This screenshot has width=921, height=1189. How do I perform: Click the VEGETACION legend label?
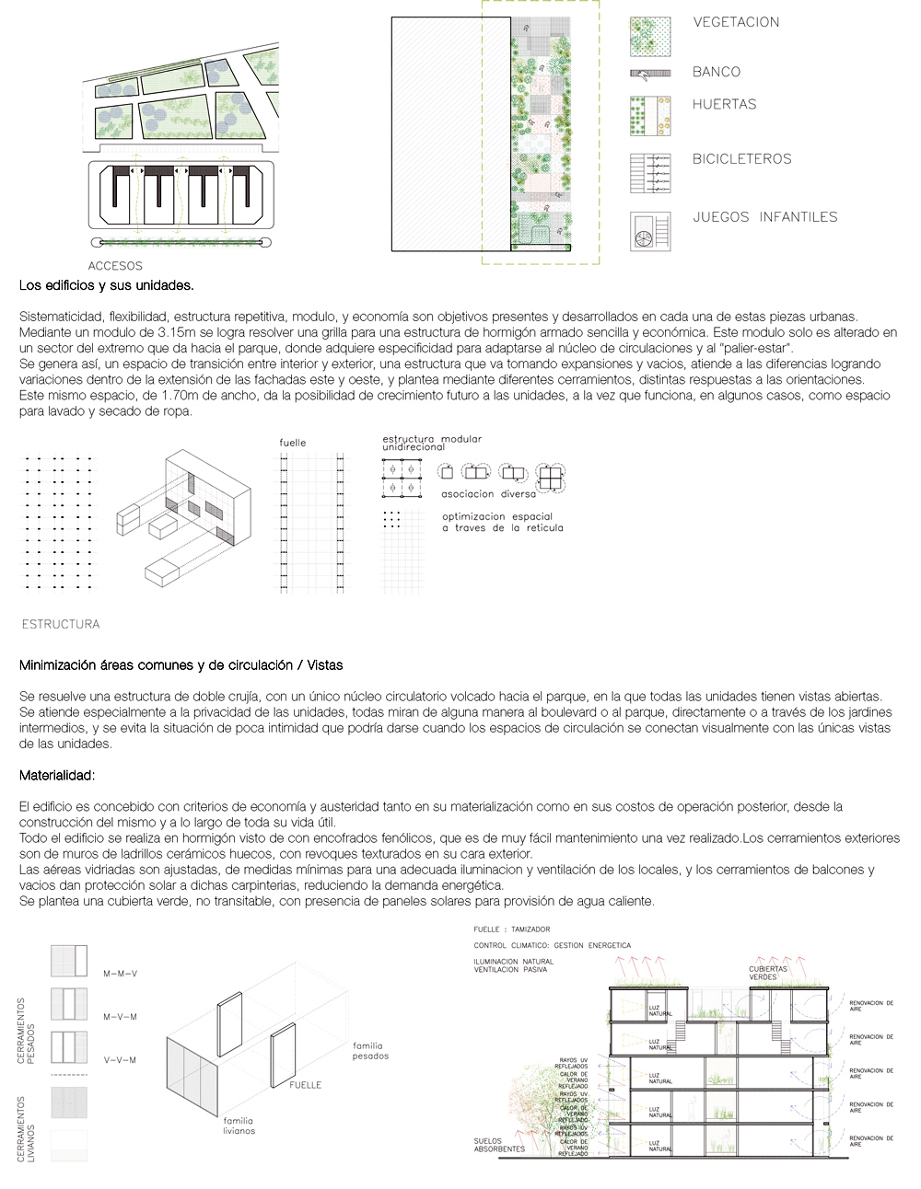tap(736, 22)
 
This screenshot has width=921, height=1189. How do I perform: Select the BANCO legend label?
tap(717, 72)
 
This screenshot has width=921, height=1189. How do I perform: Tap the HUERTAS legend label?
tap(724, 104)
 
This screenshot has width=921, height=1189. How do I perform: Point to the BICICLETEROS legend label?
tap(741, 158)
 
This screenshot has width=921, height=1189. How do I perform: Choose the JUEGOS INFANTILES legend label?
tap(764, 217)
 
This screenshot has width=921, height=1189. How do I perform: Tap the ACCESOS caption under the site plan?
tap(115, 266)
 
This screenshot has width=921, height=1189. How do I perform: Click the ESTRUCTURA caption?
tap(60, 624)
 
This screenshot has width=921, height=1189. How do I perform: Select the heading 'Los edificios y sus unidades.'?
tap(106, 285)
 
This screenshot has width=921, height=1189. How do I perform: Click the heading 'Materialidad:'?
tap(57, 776)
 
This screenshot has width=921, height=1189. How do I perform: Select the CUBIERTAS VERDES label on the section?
tap(768, 973)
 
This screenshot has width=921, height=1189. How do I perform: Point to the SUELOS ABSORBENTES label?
tap(499, 1145)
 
